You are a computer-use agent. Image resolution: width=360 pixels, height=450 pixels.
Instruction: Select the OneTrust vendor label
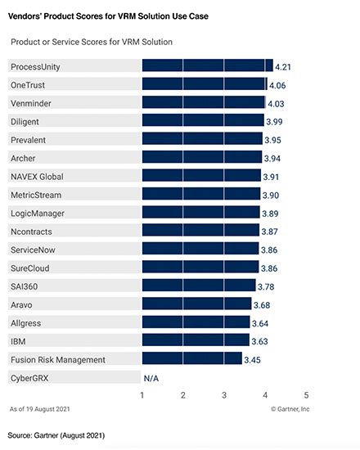point(29,84)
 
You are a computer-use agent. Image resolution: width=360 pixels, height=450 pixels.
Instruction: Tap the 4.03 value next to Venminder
point(278,103)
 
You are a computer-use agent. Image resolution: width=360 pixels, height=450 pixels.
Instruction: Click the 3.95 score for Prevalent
point(275,140)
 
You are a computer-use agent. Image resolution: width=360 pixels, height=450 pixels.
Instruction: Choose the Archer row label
point(25,157)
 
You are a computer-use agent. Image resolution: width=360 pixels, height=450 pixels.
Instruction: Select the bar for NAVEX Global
point(201,176)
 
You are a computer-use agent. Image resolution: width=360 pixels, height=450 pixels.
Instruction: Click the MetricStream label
point(36,195)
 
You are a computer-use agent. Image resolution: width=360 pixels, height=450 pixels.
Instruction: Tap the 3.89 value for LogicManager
point(272,214)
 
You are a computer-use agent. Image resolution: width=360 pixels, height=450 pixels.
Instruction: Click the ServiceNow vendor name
point(34,250)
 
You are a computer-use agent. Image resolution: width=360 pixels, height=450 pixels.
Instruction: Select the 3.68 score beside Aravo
point(264,305)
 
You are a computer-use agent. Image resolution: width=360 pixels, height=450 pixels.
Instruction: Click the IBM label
point(19,340)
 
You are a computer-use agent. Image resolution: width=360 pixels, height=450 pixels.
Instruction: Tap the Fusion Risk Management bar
point(192,358)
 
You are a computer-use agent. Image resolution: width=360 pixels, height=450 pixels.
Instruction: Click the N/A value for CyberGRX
point(151,378)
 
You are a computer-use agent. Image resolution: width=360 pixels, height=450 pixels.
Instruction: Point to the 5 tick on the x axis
point(306,396)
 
